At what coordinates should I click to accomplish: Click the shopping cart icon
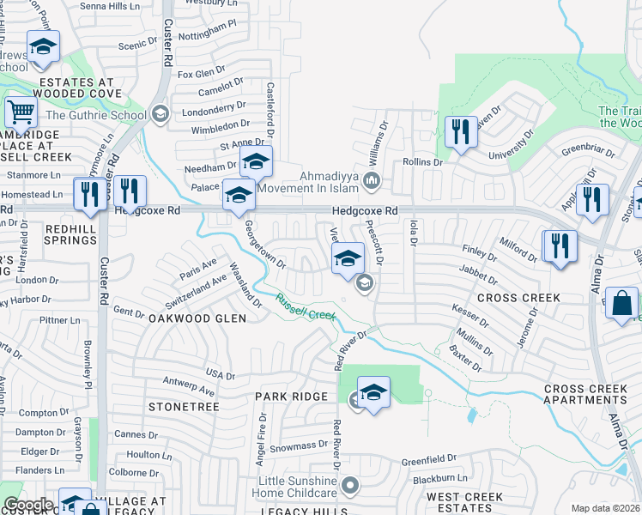20,112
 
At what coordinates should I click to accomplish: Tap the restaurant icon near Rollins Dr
461,131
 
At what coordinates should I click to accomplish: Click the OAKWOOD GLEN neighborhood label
197,318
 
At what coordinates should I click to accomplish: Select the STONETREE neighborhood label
179,406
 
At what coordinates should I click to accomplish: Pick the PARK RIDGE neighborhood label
292,397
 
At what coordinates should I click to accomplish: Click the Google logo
28,505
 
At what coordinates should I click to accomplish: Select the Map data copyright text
606,508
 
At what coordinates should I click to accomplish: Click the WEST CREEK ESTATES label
464,503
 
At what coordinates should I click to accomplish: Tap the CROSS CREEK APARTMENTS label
586,394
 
